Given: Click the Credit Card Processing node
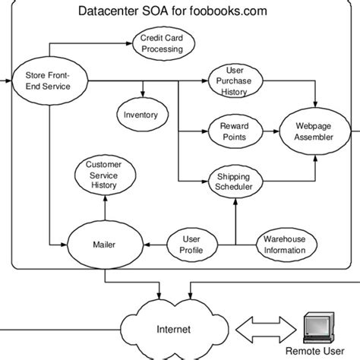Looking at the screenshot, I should tap(161, 44).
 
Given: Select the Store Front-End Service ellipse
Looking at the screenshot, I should tap(48, 81).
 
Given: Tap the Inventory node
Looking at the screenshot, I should tap(141, 115).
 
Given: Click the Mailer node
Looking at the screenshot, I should tap(104, 245).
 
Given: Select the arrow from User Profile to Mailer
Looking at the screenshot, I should tap(156, 245).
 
